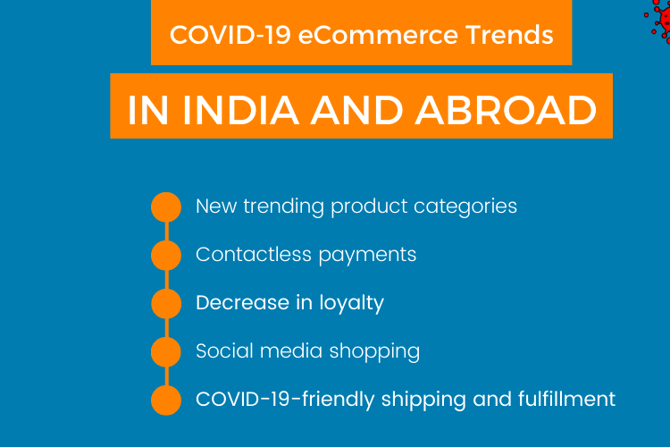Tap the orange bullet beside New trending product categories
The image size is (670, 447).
tap(166, 207)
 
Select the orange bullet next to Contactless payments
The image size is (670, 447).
tap(166, 255)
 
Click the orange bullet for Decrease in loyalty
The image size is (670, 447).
tap(166, 303)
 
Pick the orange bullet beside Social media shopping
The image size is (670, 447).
tap(166, 351)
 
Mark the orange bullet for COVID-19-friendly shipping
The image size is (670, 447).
tap(166, 400)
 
